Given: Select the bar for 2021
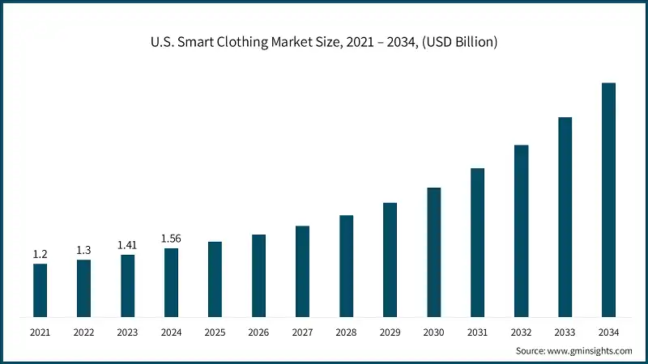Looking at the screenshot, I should pos(40,290).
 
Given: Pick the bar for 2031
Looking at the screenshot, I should pos(477,242).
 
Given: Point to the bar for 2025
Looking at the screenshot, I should pos(215,278).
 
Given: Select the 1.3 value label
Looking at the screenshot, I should pos(83,250).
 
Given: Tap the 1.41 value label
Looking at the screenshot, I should pos(127,245).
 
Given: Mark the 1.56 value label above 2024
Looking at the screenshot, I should pos(171,238).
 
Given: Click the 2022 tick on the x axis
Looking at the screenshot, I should pos(83,332).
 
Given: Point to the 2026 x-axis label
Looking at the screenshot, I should pos(258,332).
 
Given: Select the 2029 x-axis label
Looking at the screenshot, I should pos(390,332).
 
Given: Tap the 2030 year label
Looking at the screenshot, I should pos(433,332).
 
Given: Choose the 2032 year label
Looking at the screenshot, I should pos(521,332).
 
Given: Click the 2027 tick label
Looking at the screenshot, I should pos(302,332).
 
